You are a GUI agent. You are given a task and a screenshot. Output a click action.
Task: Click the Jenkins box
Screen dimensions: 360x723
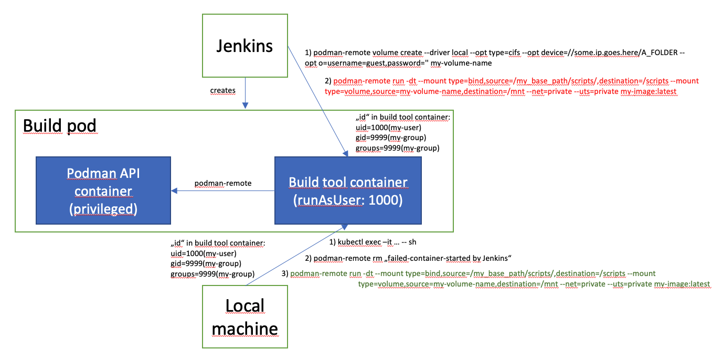[x=245, y=47]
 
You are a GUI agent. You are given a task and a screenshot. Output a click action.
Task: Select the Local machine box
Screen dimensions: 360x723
[x=245, y=316]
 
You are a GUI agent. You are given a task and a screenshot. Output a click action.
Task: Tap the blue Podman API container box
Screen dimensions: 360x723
[x=103, y=192]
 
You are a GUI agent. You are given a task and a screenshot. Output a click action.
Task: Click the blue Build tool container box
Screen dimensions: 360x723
[x=348, y=192]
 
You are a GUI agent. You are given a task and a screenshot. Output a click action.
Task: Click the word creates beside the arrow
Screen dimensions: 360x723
[x=223, y=90]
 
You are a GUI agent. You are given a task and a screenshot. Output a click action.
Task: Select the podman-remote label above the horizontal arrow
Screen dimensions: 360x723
[x=223, y=183]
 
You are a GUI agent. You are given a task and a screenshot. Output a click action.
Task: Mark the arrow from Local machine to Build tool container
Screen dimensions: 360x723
[x=294, y=257]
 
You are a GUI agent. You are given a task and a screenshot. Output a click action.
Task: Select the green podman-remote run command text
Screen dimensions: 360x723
[x=498, y=279]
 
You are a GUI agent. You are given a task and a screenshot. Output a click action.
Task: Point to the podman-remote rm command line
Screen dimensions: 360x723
[x=408, y=258]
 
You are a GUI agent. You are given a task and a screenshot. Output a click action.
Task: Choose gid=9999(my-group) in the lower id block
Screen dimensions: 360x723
[x=206, y=263]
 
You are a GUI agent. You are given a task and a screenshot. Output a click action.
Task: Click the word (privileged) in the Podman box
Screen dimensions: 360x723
[x=103, y=209]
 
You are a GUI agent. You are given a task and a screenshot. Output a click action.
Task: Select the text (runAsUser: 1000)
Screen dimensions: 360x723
[x=348, y=200]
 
